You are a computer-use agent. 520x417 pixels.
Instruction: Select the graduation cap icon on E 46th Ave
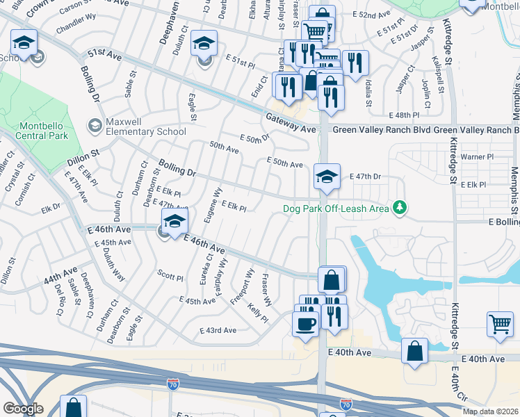coord(174,224)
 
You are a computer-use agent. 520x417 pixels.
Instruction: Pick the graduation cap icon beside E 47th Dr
coord(326,177)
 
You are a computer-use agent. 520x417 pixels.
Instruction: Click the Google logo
coord(23,409)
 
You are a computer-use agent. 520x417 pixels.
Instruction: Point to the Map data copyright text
coord(490,411)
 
